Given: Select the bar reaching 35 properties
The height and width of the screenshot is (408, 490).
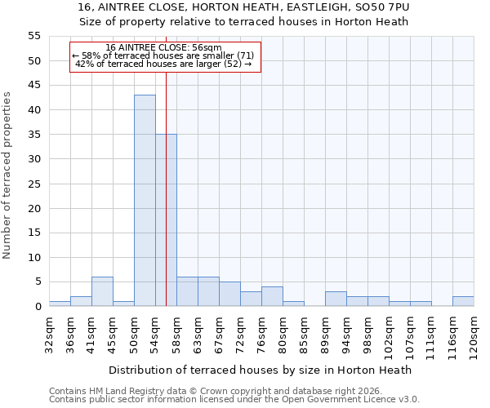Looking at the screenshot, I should pyautogui.click(x=166, y=220).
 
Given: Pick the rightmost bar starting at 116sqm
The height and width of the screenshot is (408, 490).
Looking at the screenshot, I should pyautogui.click(x=463, y=301).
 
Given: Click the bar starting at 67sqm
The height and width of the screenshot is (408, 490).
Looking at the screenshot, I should pyautogui.click(x=229, y=294).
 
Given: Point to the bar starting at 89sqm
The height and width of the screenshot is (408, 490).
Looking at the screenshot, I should pyautogui.click(x=336, y=299).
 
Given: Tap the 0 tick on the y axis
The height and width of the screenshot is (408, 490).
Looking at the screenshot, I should pyautogui.click(x=38, y=307).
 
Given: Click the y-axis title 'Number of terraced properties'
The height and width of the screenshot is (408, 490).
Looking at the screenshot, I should pyautogui.click(x=7, y=175).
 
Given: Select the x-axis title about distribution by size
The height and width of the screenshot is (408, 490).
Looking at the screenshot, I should pyautogui.click(x=260, y=370).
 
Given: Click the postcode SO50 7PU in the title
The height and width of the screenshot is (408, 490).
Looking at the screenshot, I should pyautogui.click(x=381, y=7).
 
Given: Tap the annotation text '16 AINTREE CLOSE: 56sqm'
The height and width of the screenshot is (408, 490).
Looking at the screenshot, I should pyautogui.click(x=163, y=48).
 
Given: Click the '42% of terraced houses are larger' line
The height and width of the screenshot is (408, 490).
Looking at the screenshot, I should pyautogui.click(x=163, y=64).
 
